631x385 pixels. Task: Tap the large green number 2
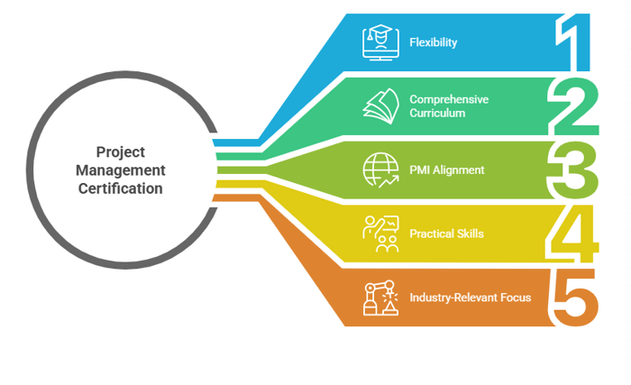[573, 106]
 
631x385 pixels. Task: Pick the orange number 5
[573, 297]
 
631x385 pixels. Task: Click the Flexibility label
[434, 42]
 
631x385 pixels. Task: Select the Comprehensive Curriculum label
[449, 106]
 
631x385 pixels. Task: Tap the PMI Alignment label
[447, 170]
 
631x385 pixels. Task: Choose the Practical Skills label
[446, 234]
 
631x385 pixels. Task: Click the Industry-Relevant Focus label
[470, 297]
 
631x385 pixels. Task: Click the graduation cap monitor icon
[380, 41]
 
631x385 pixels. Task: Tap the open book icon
[380, 105]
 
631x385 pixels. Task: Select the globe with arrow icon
[380, 170]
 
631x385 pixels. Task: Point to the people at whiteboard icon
[380, 234]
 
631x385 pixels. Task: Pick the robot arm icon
[380, 297]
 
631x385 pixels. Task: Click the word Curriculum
[437, 114]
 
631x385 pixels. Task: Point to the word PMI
[420, 170]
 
